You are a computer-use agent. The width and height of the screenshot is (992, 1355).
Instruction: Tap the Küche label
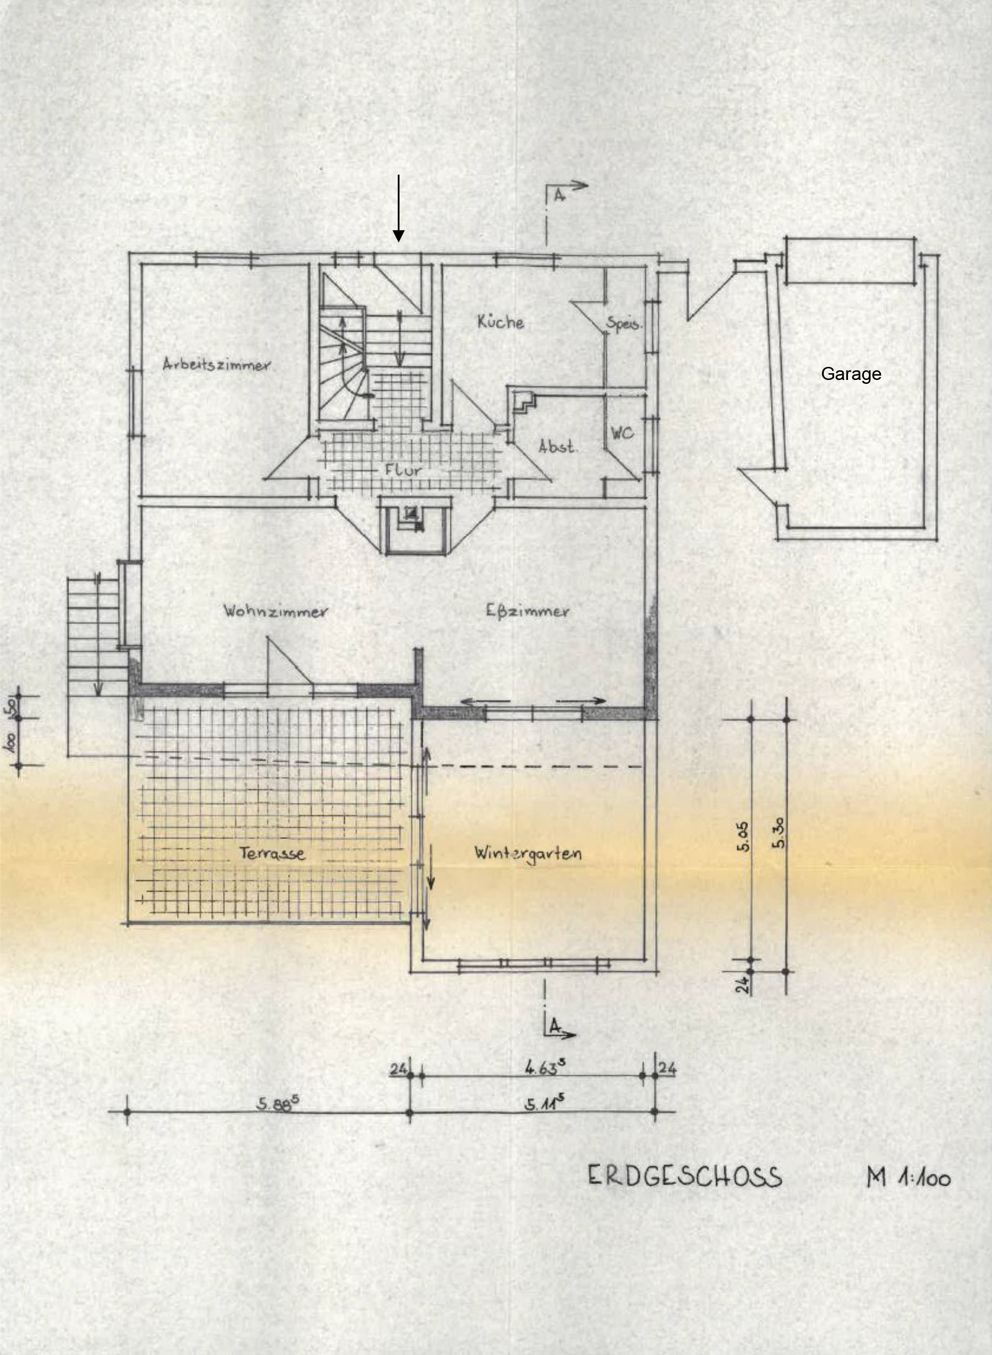tap(500, 322)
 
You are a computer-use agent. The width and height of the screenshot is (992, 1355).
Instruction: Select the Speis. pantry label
tap(624, 324)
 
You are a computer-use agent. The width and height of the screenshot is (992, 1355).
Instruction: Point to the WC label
tap(622, 433)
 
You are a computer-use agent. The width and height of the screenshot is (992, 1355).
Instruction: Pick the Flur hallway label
tap(403, 470)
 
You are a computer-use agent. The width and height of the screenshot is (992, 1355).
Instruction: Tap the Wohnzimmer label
tap(275, 612)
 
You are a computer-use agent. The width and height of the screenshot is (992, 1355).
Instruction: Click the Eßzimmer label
tap(527, 612)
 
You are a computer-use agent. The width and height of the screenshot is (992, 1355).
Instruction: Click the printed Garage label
tap(851, 374)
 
